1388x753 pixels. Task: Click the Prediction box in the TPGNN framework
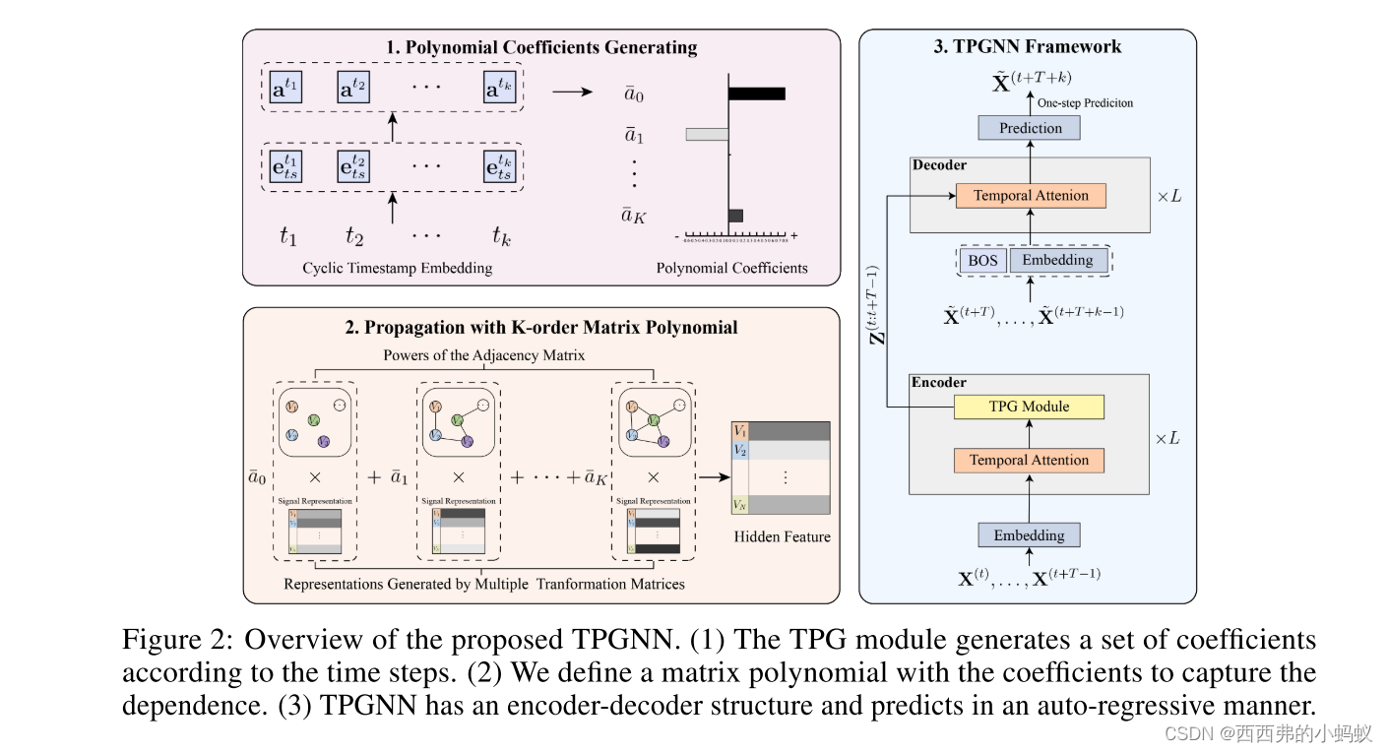(x=1030, y=128)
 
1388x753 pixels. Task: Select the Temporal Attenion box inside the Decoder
(x=1031, y=195)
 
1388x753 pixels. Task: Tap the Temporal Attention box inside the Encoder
(x=1029, y=460)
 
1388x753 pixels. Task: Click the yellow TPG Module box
(x=1029, y=407)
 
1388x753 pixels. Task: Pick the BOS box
(x=981, y=261)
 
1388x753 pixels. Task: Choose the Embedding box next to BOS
(x=1057, y=261)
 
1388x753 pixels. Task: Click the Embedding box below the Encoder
(x=1029, y=535)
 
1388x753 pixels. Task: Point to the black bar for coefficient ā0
(x=757, y=94)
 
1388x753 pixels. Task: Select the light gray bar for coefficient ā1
(x=706, y=134)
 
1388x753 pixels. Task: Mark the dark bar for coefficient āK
(x=735, y=216)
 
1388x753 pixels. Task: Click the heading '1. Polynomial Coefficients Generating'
(x=541, y=47)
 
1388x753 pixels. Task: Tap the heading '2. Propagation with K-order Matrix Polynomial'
(x=540, y=328)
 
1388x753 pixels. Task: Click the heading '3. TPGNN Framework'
(x=1028, y=46)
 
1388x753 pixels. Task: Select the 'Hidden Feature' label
(x=782, y=536)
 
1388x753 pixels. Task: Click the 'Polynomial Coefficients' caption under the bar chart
(x=731, y=268)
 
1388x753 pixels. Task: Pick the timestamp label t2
(x=354, y=236)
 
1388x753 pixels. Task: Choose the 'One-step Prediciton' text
(x=1085, y=102)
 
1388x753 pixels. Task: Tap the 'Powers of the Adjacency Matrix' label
(x=484, y=354)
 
